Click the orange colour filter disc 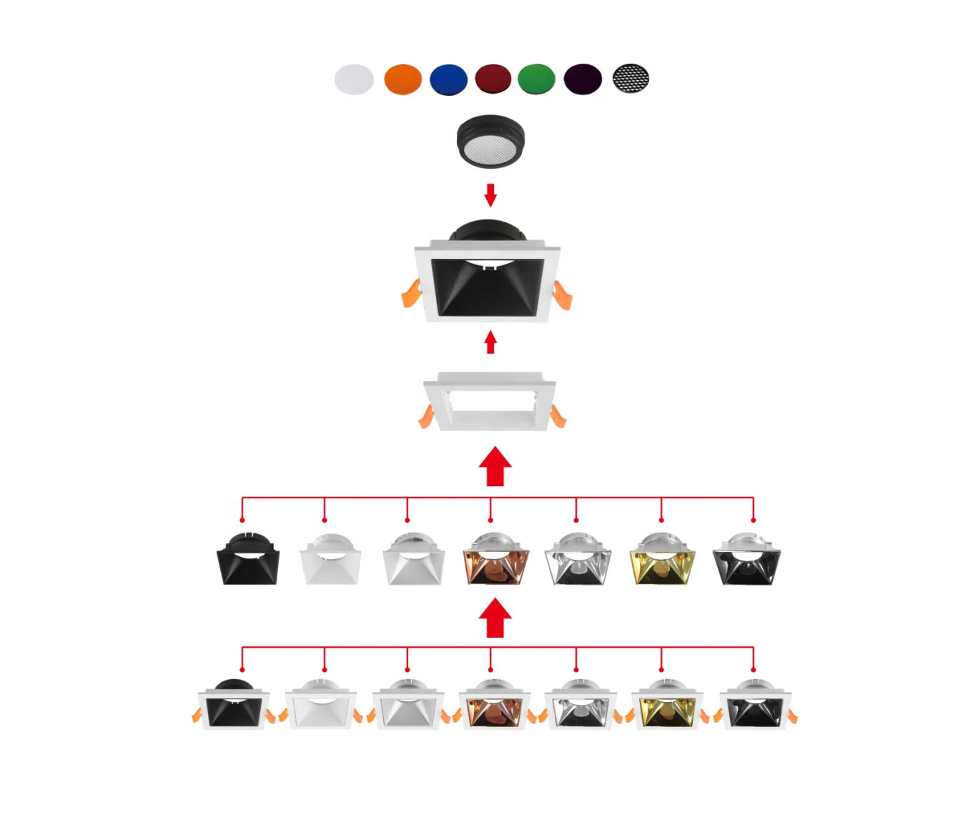[x=402, y=79]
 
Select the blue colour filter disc [x=448, y=79]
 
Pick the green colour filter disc [x=536, y=79]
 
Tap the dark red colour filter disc [x=493, y=79]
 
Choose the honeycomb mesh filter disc [x=631, y=79]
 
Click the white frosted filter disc [x=354, y=79]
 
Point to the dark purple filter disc [x=583, y=79]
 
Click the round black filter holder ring [x=490, y=141]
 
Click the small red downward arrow [x=490, y=194]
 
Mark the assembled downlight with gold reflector [x=667, y=706]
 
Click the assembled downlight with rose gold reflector [x=494, y=706]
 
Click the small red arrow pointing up [x=490, y=342]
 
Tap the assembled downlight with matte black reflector [x=233, y=706]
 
